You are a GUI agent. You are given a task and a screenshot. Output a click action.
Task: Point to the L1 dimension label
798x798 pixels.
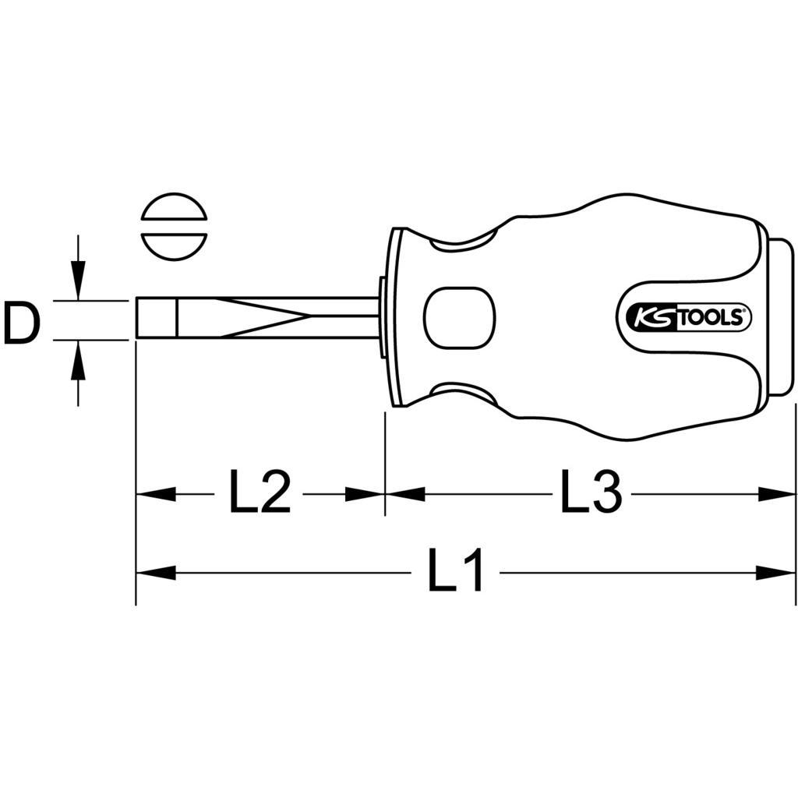[x=454, y=570]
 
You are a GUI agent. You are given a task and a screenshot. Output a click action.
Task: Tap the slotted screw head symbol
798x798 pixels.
[x=174, y=227]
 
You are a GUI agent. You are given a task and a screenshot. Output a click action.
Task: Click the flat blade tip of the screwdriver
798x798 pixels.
[x=156, y=318]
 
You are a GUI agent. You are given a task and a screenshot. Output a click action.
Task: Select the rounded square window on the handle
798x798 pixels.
[x=460, y=318]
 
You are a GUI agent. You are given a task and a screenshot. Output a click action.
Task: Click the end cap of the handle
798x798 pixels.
[x=779, y=317]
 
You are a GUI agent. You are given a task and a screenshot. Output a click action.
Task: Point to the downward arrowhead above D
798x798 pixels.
[x=77, y=280]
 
